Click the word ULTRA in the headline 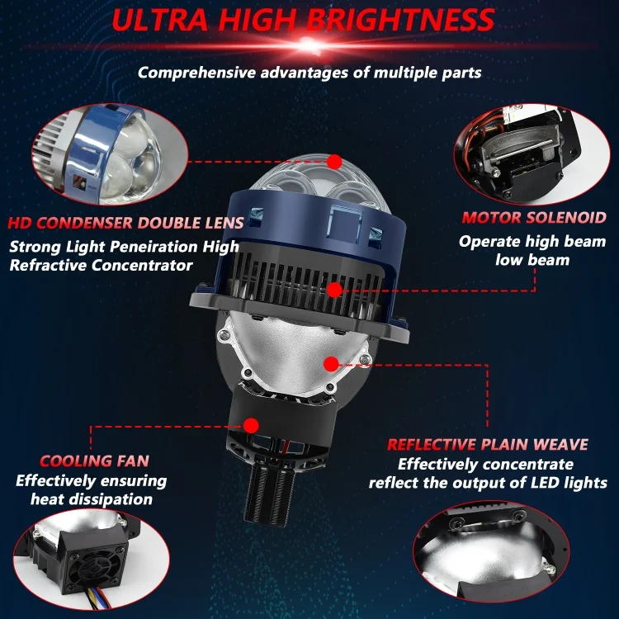tap(159, 19)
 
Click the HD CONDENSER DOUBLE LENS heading tap(125, 223)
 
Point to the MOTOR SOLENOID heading tap(534, 218)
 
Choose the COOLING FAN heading tap(94, 461)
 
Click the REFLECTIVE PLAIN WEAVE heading tap(488, 445)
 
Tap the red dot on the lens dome tap(334, 162)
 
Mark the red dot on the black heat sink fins tap(334, 291)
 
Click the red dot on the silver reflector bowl tap(331, 364)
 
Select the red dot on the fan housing tap(251, 426)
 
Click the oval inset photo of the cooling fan tap(91, 559)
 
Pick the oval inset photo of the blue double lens tap(109, 154)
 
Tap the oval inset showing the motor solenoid tap(532, 154)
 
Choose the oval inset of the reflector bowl tap(491, 551)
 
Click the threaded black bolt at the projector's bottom tap(270, 493)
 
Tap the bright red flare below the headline tap(309, 45)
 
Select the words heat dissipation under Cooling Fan tap(92, 499)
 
